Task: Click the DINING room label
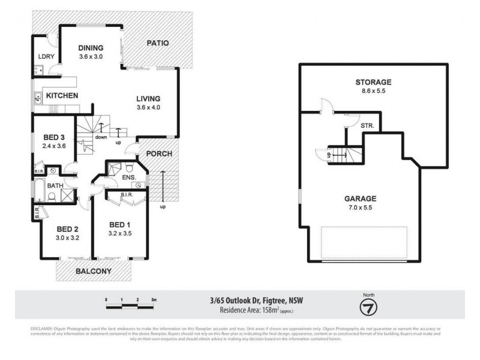point(91,48)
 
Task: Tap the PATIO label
point(158,43)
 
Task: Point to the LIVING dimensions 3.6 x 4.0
point(148,108)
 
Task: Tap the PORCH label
point(160,154)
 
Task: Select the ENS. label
point(128,178)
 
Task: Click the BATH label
point(55,186)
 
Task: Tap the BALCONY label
point(93,271)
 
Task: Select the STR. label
point(368,126)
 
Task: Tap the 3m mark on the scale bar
point(154,299)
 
